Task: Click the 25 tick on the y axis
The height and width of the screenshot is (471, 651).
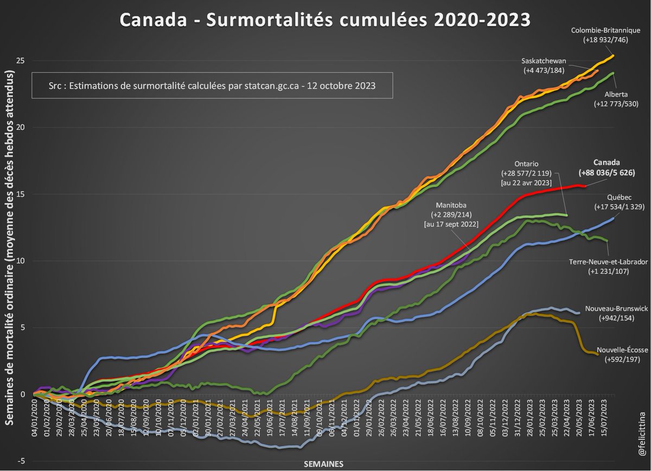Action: pos(22,61)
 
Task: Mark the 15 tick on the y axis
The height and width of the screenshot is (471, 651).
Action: pos(22,194)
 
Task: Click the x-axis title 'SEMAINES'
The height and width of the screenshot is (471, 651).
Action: pos(324,463)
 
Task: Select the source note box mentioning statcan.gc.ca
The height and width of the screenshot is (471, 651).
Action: pos(212,86)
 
